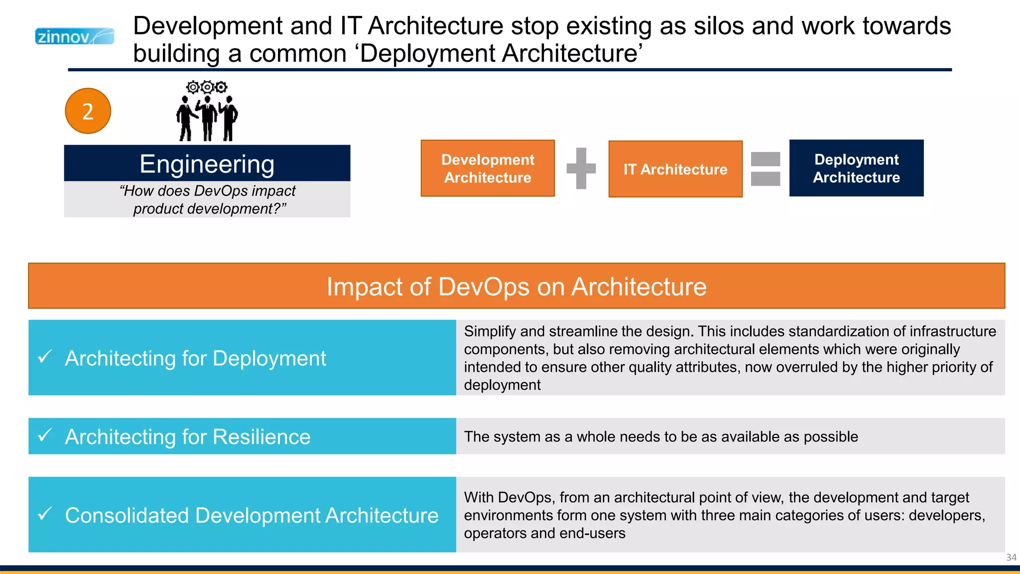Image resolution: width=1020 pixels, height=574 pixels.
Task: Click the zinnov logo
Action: click(75, 36)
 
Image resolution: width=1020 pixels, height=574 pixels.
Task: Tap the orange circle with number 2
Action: click(88, 111)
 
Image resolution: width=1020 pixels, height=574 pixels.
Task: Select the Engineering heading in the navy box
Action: click(207, 164)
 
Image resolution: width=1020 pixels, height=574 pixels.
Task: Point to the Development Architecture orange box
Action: click(488, 168)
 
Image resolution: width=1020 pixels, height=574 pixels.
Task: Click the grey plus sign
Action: click(581, 168)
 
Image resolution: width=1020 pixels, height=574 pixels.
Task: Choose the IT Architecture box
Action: click(675, 169)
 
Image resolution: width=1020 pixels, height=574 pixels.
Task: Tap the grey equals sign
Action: click(765, 169)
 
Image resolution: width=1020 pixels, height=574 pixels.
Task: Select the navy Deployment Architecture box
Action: click(856, 168)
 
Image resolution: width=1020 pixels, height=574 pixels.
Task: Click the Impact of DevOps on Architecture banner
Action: click(516, 287)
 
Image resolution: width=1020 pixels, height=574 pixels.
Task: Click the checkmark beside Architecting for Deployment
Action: click(45, 356)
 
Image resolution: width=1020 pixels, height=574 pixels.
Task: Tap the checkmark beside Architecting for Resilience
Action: click(45, 435)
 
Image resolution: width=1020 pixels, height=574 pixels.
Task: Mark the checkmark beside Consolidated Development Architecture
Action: click(45, 513)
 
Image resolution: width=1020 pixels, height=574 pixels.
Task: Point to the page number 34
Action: click(1011, 558)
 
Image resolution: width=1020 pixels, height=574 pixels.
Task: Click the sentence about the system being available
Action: click(661, 437)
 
